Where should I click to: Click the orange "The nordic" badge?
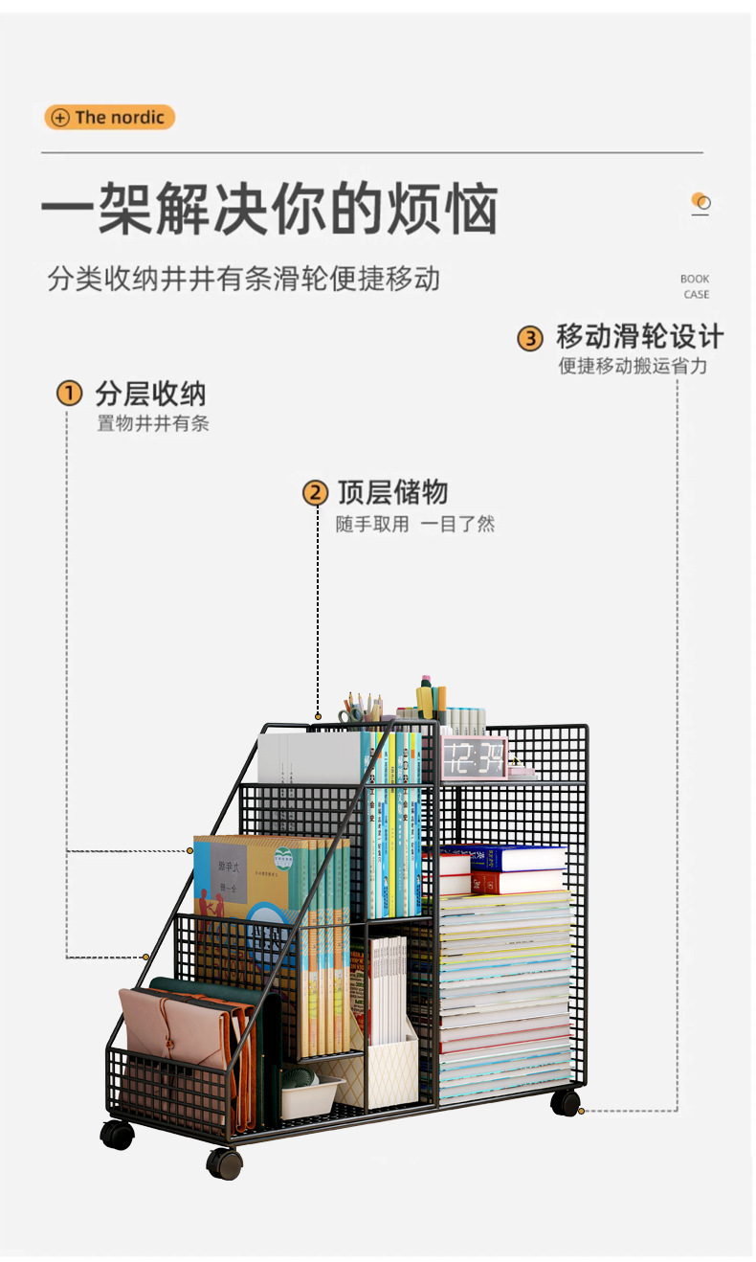(x=110, y=118)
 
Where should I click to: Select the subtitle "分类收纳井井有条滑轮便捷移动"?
(x=244, y=279)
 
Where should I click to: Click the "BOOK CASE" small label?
(x=696, y=286)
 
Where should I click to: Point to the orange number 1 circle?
(x=69, y=394)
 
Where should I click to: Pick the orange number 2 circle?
(x=316, y=493)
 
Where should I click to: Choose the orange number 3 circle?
(x=530, y=338)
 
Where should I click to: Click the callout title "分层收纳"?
(x=150, y=394)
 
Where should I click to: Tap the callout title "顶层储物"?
(x=392, y=493)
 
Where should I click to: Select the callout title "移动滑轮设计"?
(x=640, y=337)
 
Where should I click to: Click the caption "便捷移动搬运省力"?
(x=634, y=366)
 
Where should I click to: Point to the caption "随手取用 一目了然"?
(x=415, y=524)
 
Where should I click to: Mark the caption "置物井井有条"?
(x=153, y=423)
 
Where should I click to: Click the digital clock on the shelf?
(x=473, y=757)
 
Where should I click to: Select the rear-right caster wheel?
(x=566, y=1102)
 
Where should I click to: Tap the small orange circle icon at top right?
(x=701, y=202)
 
